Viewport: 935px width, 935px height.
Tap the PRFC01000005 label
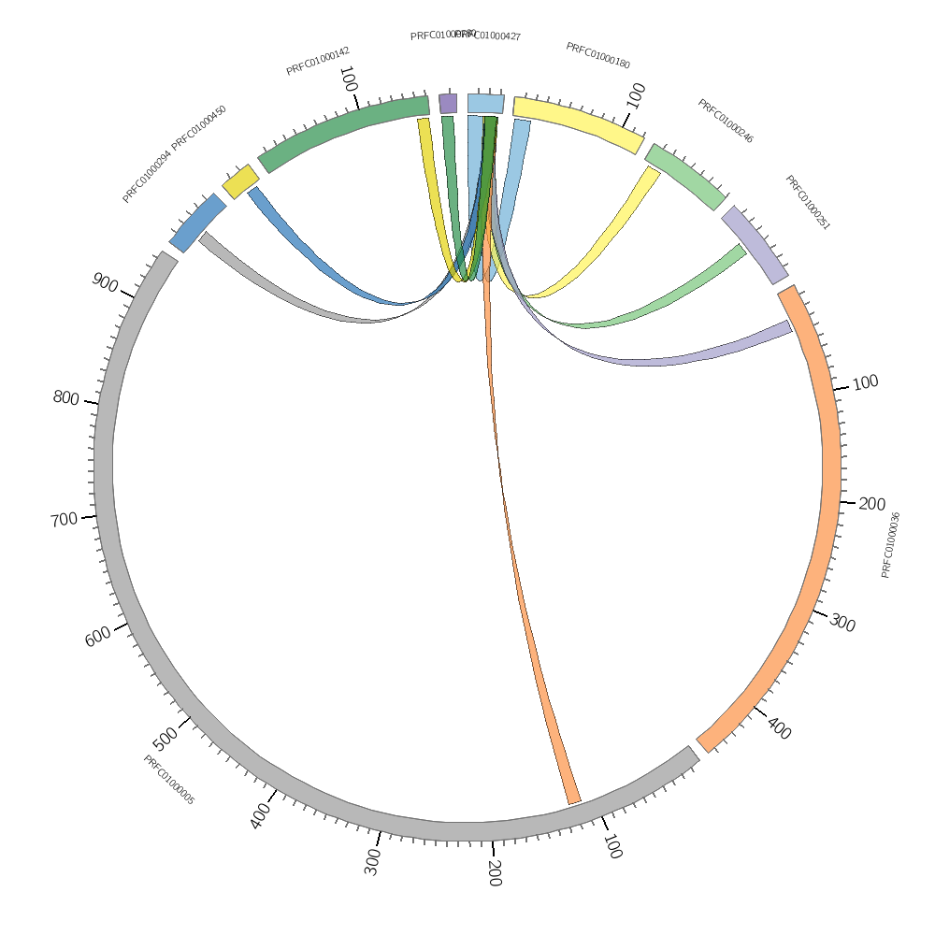pos(168,780)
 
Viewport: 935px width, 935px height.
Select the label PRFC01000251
pos(807,203)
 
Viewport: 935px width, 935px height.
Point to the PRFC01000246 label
pos(725,122)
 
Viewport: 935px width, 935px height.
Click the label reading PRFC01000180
pos(597,55)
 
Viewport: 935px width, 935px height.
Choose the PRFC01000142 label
pos(318,62)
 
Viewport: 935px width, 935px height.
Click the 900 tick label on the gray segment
pos(105,281)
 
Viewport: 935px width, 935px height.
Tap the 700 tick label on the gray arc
pos(64,519)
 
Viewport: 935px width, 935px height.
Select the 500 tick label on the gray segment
pos(165,738)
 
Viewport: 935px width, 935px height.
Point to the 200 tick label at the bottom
pos(494,872)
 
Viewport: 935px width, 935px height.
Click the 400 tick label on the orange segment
pos(779,727)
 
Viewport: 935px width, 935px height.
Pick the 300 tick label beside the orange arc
pos(842,623)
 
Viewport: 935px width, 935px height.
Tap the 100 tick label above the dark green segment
pos(348,79)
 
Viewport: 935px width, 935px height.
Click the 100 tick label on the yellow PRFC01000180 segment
pos(636,94)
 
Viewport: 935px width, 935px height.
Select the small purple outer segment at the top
pos(448,103)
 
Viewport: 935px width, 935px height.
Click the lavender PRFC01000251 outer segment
pos(754,245)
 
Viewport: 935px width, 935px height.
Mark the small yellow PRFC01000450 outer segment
pos(240,181)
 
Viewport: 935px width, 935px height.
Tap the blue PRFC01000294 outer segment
pos(197,223)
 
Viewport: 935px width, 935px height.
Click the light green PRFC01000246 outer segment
pos(685,177)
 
